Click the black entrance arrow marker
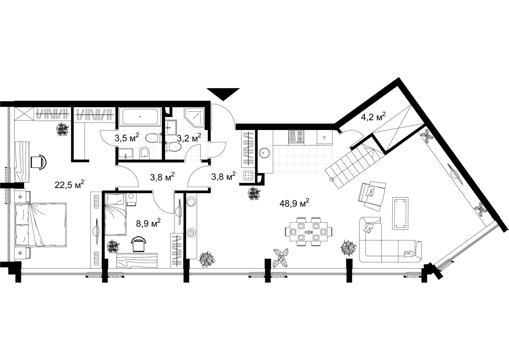tap(223, 93)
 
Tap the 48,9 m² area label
tap(294, 203)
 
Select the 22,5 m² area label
tap(70, 185)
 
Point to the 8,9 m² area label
tap(148, 223)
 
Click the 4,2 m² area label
tap(373, 117)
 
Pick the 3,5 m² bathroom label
tap(127, 138)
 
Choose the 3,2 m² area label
tap(189, 138)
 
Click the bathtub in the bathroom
tap(140, 116)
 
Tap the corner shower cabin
tap(195, 117)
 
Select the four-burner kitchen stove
tap(296, 137)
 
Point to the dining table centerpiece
tap(308, 232)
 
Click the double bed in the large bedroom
tap(41, 225)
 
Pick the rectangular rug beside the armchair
tap(400, 213)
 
